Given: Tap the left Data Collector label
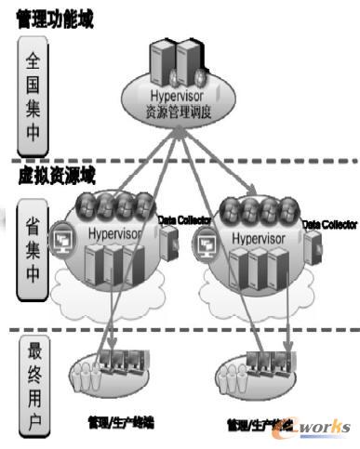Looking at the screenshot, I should point(181,219).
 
